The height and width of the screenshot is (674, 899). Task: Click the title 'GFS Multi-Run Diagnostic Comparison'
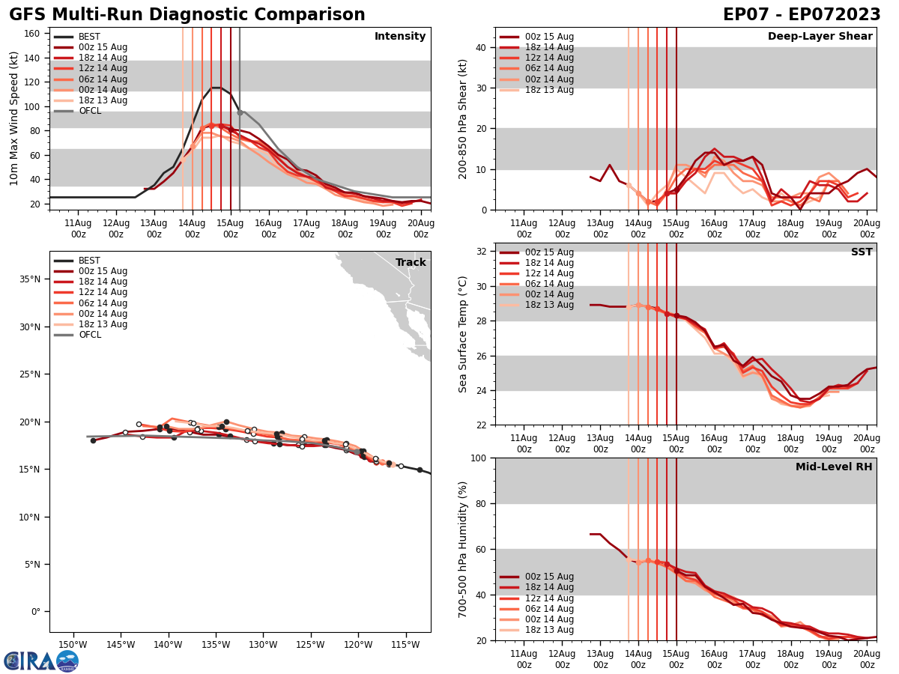click(187, 15)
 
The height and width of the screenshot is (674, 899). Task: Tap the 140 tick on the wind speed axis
click(35, 58)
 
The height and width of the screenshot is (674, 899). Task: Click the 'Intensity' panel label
click(400, 37)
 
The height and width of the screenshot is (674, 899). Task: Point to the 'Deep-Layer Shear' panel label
click(820, 37)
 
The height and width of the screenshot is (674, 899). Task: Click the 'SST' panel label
click(862, 252)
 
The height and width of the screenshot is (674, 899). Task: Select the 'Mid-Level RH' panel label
click(834, 467)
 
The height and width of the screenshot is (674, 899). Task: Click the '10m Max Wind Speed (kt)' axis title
click(13, 118)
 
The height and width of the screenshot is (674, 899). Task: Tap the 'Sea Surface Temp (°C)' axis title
click(463, 334)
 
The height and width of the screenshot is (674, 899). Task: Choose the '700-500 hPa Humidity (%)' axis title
click(463, 549)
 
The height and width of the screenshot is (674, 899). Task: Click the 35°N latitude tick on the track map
click(32, 279)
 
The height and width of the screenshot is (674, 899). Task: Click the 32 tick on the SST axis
click(482, 252)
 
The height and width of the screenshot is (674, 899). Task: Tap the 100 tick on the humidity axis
click(479, 458)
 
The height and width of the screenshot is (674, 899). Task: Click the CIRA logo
click(41, 661)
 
